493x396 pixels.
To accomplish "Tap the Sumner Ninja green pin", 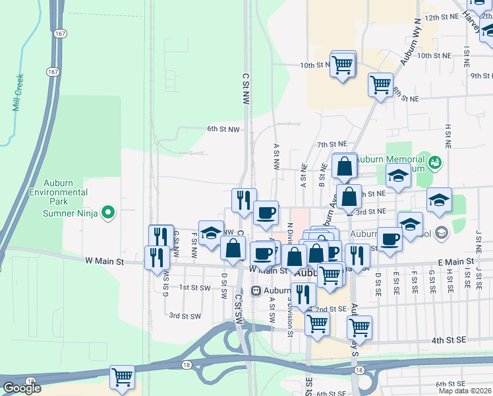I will (x=110, y=213).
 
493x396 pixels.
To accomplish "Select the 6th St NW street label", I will (x=223, y=129).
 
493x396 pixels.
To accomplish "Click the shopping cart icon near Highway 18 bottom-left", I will (x=123, y=378).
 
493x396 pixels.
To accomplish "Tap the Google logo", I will (x=21, y=388).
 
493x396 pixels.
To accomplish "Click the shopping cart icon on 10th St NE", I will (x=343, y=65).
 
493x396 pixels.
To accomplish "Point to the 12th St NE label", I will (x=442, y=18).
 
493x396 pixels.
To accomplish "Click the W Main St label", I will (x=105, y=261).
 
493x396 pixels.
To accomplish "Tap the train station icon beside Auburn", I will (x=257, y=290).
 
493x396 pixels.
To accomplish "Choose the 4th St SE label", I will (x=448, y=340).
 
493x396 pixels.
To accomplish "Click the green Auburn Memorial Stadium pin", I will (x=434, y=161).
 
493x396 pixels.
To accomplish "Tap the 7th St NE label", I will (x=332, y=144).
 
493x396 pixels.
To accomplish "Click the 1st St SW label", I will (x=194, y=288).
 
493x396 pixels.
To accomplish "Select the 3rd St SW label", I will (x=185, y=316).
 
